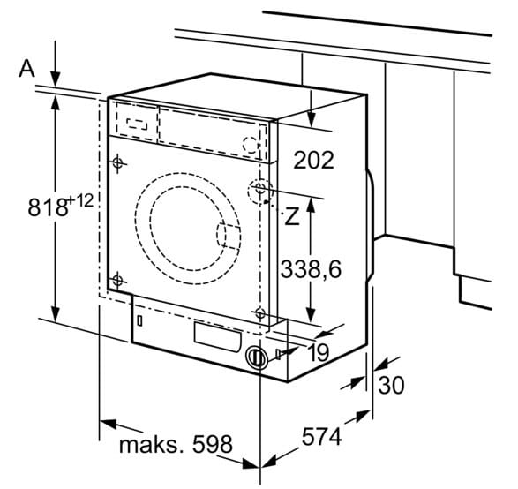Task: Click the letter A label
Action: coord(26,70)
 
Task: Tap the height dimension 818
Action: coord(48,207)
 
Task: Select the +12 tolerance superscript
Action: coord(80,201)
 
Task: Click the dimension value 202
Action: coord(313,161)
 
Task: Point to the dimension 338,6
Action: coord(311,269)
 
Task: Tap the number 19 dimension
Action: coord(319,352)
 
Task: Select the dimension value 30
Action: coord(391,385)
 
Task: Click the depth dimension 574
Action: coord(321,436)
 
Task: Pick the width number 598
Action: coord(213,444)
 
